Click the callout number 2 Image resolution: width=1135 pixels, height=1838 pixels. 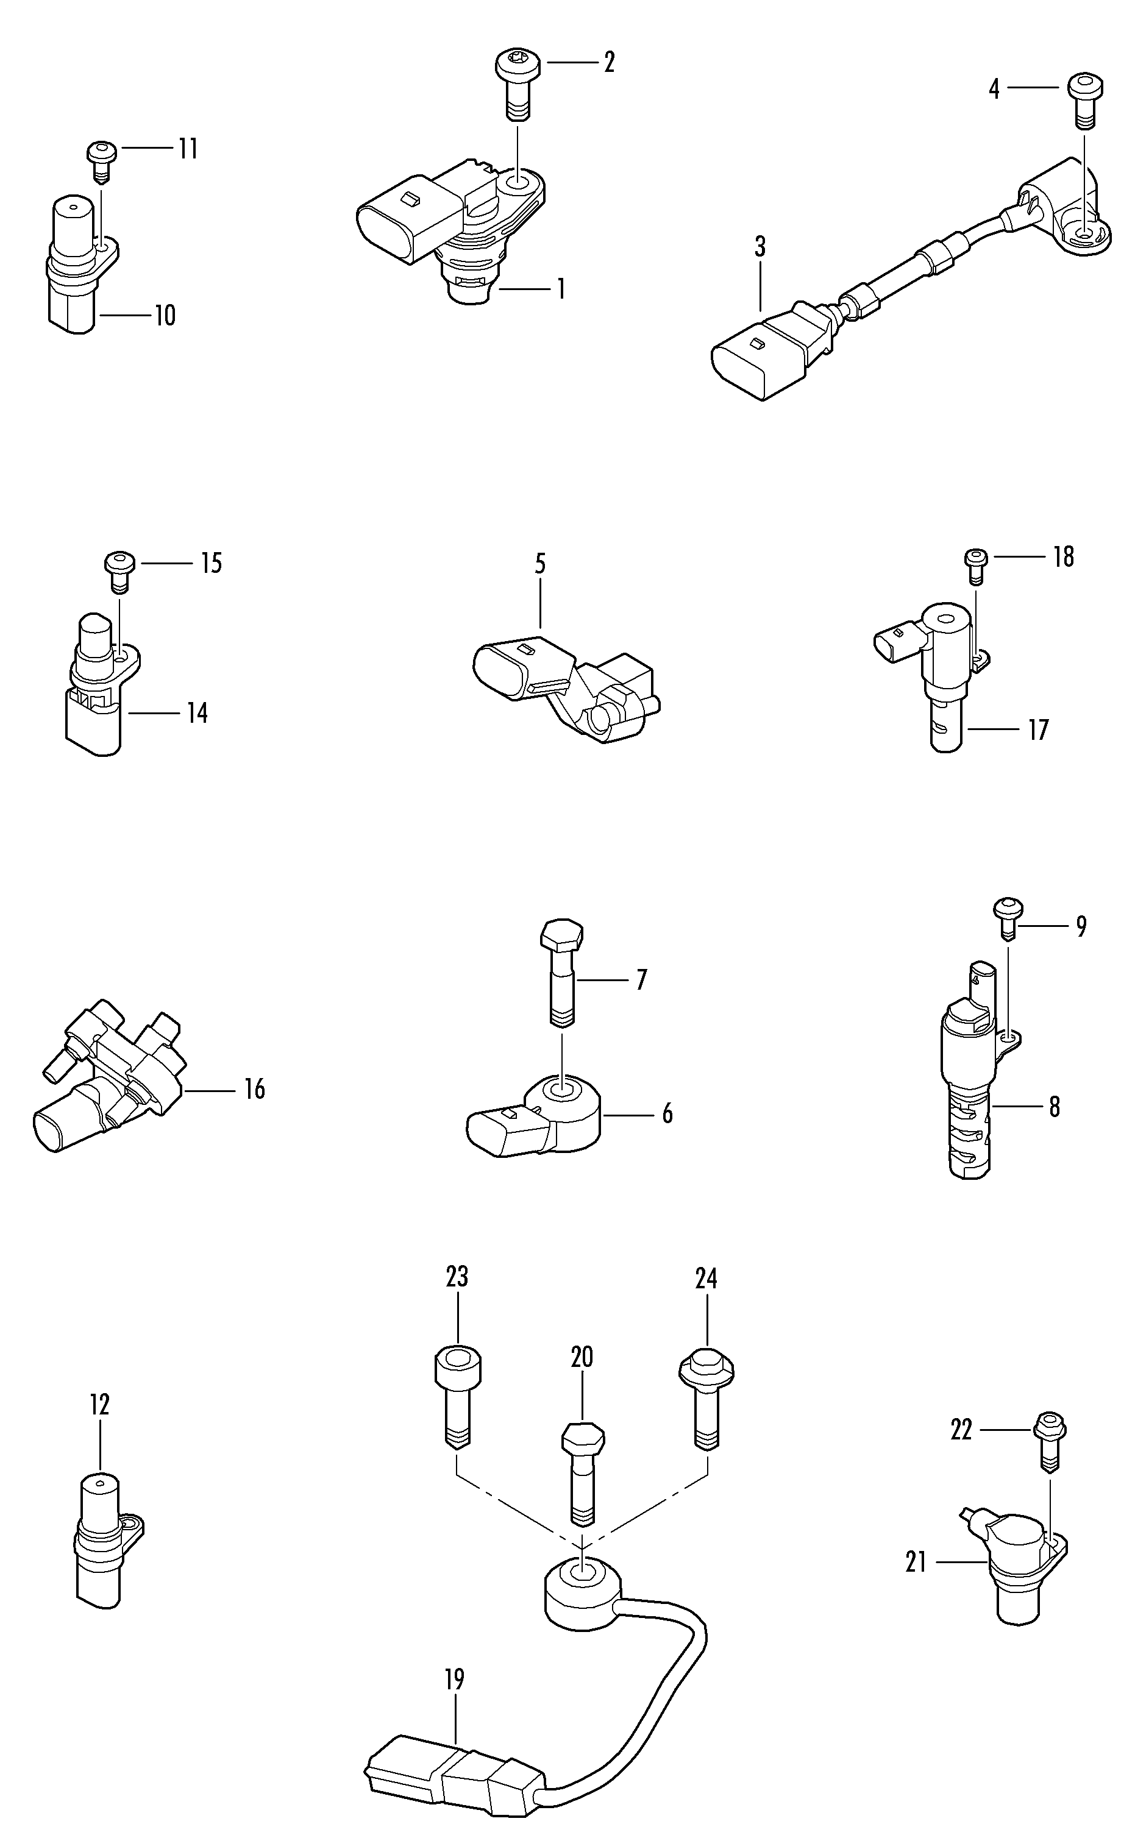point(609,62)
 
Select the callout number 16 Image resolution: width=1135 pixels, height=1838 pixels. point(254,1089)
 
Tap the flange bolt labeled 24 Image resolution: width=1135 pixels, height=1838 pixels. point(706,1397)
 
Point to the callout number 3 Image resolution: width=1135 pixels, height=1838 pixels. point(760,247)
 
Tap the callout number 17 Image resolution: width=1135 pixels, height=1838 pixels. point(1038,729)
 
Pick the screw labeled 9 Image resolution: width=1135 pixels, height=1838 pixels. point(1008,917)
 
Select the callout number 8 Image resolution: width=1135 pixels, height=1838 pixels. point(1054,1106)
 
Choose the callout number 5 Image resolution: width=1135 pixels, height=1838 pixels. point(539,564)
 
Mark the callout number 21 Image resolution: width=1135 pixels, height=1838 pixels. point(916,1562)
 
